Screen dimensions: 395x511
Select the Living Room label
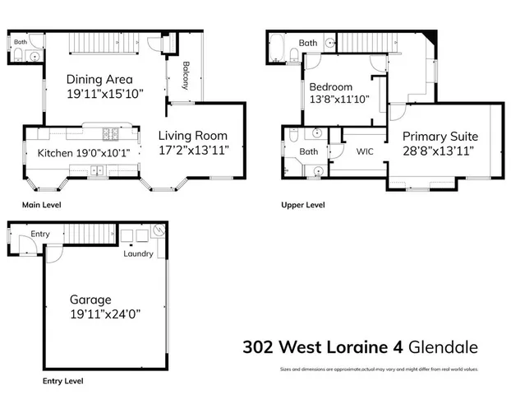[192, 136]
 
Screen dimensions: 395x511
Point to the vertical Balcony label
[186, 75]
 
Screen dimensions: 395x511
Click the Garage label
[90, 300]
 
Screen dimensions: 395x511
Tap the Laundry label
[138, 253]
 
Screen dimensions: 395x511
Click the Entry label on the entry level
[40, 235]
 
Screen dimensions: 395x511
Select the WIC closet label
[365, 151]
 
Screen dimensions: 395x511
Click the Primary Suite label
[440, 136]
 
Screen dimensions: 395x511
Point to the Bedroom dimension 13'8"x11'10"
[339, 100]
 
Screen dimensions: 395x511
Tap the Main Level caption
[41, 205]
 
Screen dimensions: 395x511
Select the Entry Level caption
[62, 382]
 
